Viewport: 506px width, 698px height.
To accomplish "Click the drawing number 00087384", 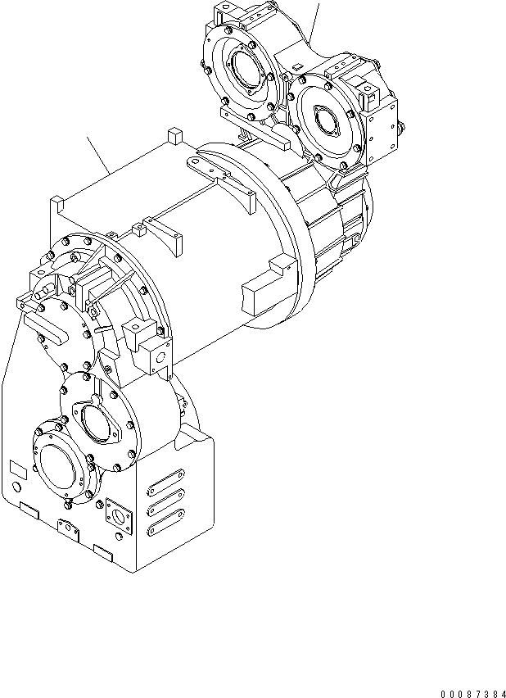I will pyautogui.click(x=468, y=690).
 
